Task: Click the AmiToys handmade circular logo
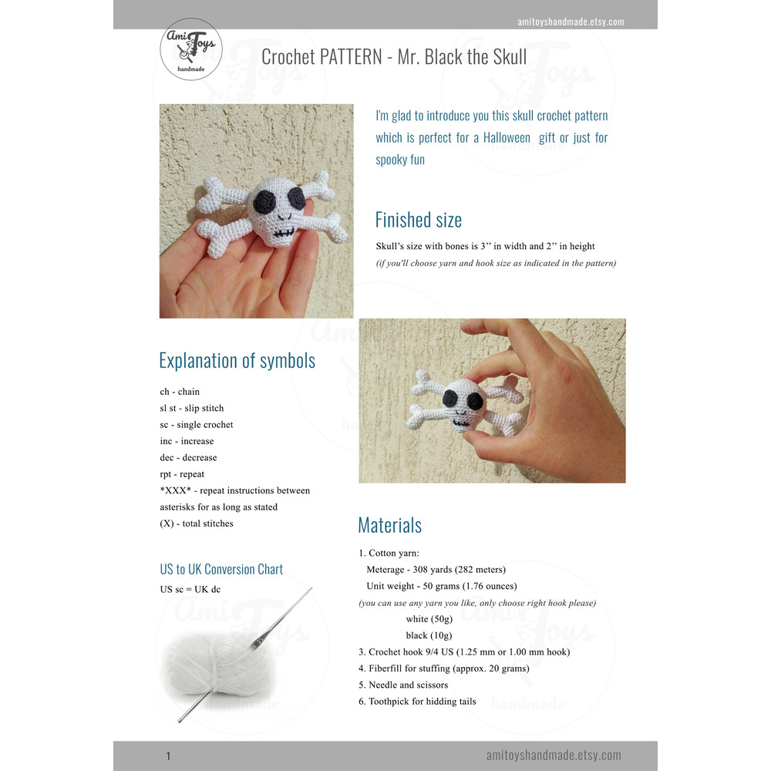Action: pyautogui.click(x=190, y=49)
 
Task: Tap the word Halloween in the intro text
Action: pyautogui.click(x=507, y=138)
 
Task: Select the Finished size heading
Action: pyautogui.click(x=419, y=220)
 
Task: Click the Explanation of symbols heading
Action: pyautogui.click(x=237, y=361)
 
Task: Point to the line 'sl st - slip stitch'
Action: pyautogui.click(x=192, y=408)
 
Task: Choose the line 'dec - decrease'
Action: pyautogui.click(x=188, y=458)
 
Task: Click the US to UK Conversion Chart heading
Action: pyautogui.click(x=221, y=570)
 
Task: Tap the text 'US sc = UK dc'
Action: pyautogui.click(x=190, y=589)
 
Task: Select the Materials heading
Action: pyautogui.click(x=390, y=525)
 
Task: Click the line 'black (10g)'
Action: pyautogui.click(x=429, y=635)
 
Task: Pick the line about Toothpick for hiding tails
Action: pyautogui.click(x=417, y=702)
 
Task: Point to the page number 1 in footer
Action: pyautogui.click(x=168, y=756)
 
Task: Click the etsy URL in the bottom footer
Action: pyautogui.click(x=554, y=756)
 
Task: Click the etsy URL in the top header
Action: pyautogui.click(x=571, y=22)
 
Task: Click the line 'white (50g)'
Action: pyautogui.click(x=429, y=619)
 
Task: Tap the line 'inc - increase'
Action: pyautogui.click(x=187, y=441)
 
